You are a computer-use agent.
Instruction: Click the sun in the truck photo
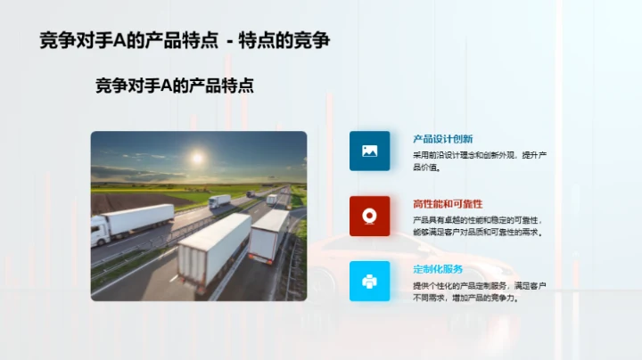pos(197,158)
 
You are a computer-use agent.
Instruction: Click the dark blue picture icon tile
pos(369,151)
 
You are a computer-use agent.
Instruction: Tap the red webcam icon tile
pos(369,216)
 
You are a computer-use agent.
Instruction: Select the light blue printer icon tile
pos(369,281)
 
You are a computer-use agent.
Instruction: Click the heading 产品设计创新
pos(442,139)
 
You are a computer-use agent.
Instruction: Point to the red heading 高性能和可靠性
pos(448,204)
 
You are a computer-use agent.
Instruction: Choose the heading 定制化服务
pos(438,269)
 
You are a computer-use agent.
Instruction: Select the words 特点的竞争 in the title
pos(289,41)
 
